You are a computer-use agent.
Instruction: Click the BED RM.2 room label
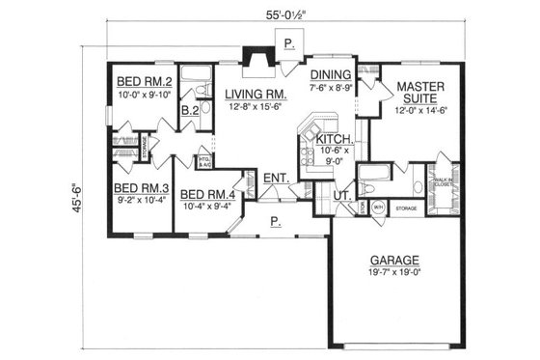[144, 80]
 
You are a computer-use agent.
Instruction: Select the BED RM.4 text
[206, 193]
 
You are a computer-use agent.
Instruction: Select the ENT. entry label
[276, 179]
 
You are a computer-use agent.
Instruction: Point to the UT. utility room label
[340, 196]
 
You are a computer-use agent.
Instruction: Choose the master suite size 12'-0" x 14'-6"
[420, 111]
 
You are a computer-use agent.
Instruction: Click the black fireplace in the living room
[256, 62]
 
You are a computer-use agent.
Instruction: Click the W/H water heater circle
[378, 206]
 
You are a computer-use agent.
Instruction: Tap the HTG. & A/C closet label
[203, 162]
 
